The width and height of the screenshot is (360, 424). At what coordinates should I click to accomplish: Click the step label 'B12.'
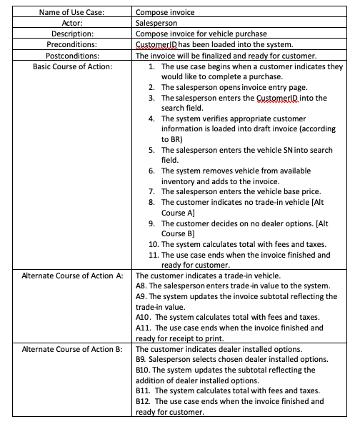(x=144, y=401)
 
